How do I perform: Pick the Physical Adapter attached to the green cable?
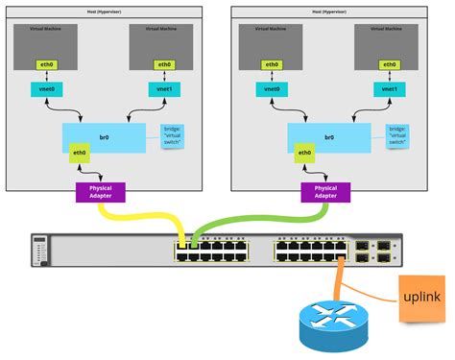(x=325, y=191)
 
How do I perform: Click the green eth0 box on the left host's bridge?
(x=80, y=153)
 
